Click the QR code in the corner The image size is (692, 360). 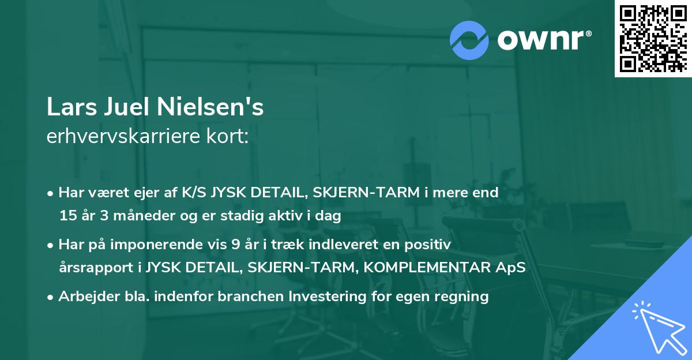click(x=653, y=39)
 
